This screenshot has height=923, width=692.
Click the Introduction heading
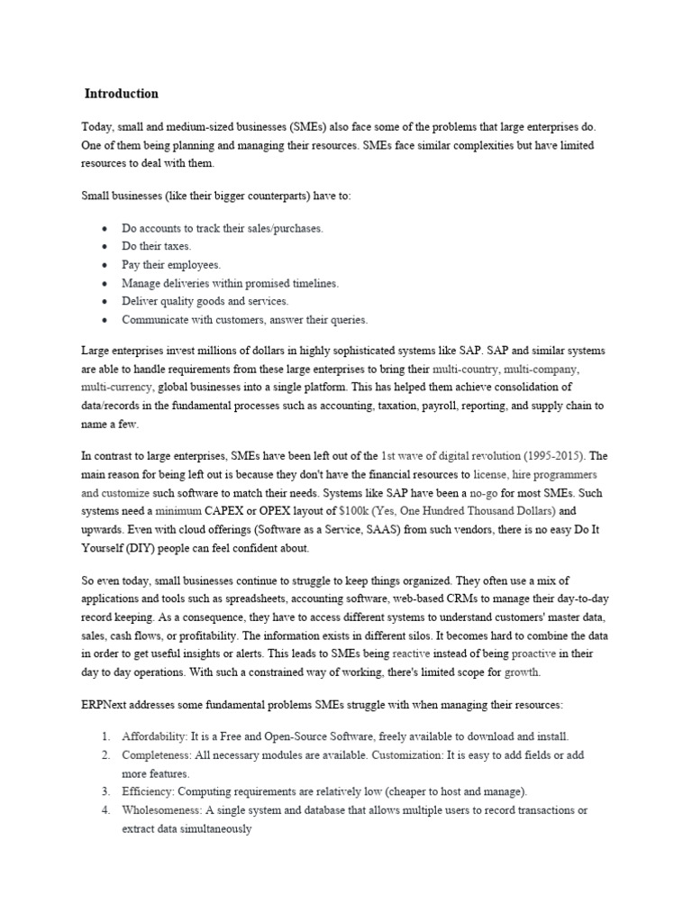(122, 94)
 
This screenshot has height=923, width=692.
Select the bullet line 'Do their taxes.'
(157, 246)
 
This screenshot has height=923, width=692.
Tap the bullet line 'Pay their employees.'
(171, 265)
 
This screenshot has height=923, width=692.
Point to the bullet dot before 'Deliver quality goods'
(106, 302)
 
